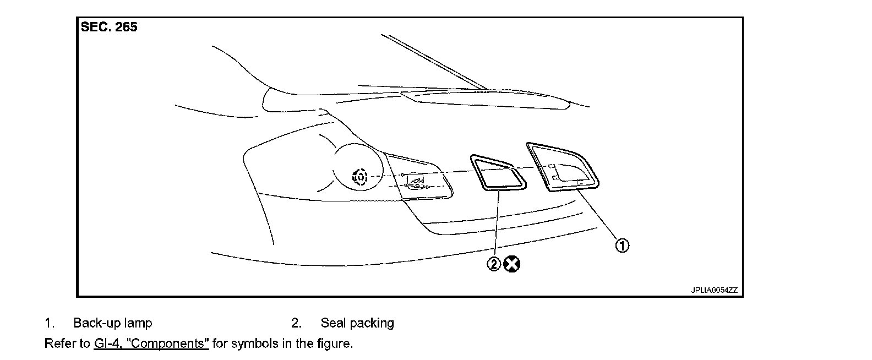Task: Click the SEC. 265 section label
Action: click(108, 27)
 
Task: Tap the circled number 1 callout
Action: click(622, 246)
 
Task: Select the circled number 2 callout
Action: click(494, 265)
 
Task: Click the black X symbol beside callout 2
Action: click(512, 265)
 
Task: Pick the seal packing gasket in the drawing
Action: click(497, 173)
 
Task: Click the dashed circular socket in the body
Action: click(360, 177)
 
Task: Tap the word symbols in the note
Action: click(252, 343)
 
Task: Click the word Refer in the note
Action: click(59, 343)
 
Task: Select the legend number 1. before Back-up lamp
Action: click(49, 323)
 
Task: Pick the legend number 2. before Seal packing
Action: click(296, 323)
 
